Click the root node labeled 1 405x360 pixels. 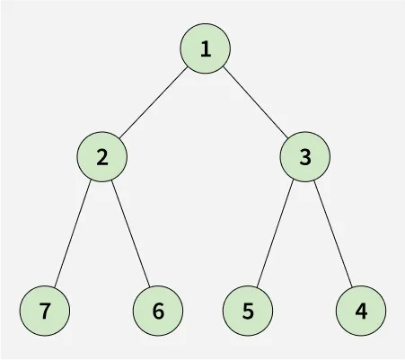click(206, 48)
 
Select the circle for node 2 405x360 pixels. click(102, 156)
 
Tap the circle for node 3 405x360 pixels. click(305, 156)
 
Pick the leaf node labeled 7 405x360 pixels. click(45, 311)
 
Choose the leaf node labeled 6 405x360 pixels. click(158, 311)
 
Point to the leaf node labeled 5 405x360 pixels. click(248, 311)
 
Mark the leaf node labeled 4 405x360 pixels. click(361, 311)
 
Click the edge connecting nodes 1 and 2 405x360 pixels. click(154, 102)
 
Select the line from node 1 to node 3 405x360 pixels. click(255, 102)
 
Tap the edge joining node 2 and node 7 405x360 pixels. click(72, 233)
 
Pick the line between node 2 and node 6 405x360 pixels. click(130, 233)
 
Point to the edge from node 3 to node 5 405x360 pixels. click(275, 233)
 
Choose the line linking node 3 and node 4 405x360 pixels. click(333, 233)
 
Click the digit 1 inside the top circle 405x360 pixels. click(206, 48)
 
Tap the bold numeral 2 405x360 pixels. click(102, 157)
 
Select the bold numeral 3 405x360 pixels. click(305, 157)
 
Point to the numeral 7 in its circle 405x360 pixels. click(45, 312)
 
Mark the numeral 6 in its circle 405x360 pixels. click(158, 312)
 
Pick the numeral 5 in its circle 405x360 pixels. click(248, 312)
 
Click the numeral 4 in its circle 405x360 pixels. click(361, 312)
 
